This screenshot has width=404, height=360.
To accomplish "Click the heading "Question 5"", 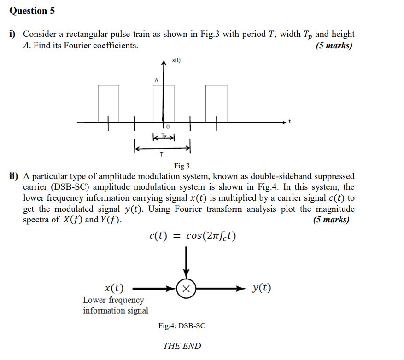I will (32, 11).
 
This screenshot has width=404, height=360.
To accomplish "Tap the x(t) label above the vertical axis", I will (176, 60).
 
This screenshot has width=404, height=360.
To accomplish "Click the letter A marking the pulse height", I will (156, 81).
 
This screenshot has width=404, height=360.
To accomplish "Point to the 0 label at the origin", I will (168, 127).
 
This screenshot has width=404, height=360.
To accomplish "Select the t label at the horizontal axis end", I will (289, 122).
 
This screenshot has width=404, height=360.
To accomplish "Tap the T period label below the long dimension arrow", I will (161, 155).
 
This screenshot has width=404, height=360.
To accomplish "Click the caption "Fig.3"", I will (182, 166).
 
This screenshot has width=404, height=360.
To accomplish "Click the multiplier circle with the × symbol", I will (186, 289).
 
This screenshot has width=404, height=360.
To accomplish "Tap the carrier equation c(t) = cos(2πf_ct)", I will (193, 236).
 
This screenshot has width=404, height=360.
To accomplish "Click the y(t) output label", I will (262, 288).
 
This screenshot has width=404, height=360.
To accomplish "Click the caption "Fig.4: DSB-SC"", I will (182, 326).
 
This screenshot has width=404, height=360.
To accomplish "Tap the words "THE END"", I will (182, 346).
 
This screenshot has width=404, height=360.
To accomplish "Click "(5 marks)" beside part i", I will (334, 46).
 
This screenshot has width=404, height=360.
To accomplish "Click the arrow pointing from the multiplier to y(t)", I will (221, 289).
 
